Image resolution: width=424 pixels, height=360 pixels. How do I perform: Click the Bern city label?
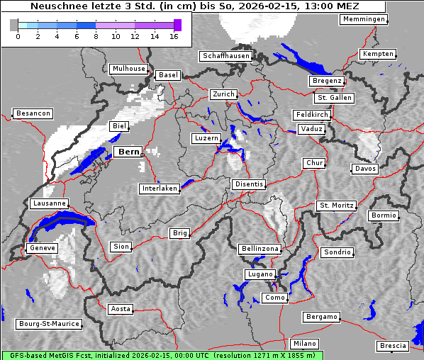pyautogui.click(x=129, y=152)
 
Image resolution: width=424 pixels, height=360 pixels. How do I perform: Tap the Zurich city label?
pyautogui.click(x=223, y=94)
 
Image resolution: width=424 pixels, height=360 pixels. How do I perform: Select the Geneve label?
pyautogui.click(x=41, y=248)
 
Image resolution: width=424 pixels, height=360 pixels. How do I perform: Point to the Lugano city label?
pyautogui.click(x=260, y=274)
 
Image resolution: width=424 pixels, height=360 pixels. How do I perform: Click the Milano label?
pyautogui.click(x=305, y=344)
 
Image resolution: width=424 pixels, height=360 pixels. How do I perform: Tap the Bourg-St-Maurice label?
pyautogui.click(x=48, y=324)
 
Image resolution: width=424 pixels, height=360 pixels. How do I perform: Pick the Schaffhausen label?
pyautogui.click(x=225, y=55)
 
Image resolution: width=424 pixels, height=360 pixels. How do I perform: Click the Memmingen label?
pyautogui.click(x=364, y=19)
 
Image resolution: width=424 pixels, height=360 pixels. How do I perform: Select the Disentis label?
pyautogui.click(x=249, y=184)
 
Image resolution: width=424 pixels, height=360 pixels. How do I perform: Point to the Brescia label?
pyautogui.click(x=393, y=346)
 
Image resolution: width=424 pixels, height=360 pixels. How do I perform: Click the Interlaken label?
pyautogui.click(x=159, y=189)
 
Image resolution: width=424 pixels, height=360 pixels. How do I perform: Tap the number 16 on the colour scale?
pyautogui.click(x=174, y=37)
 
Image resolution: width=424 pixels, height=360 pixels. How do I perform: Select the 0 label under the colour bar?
pyautogui.click(x=18, y=37)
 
